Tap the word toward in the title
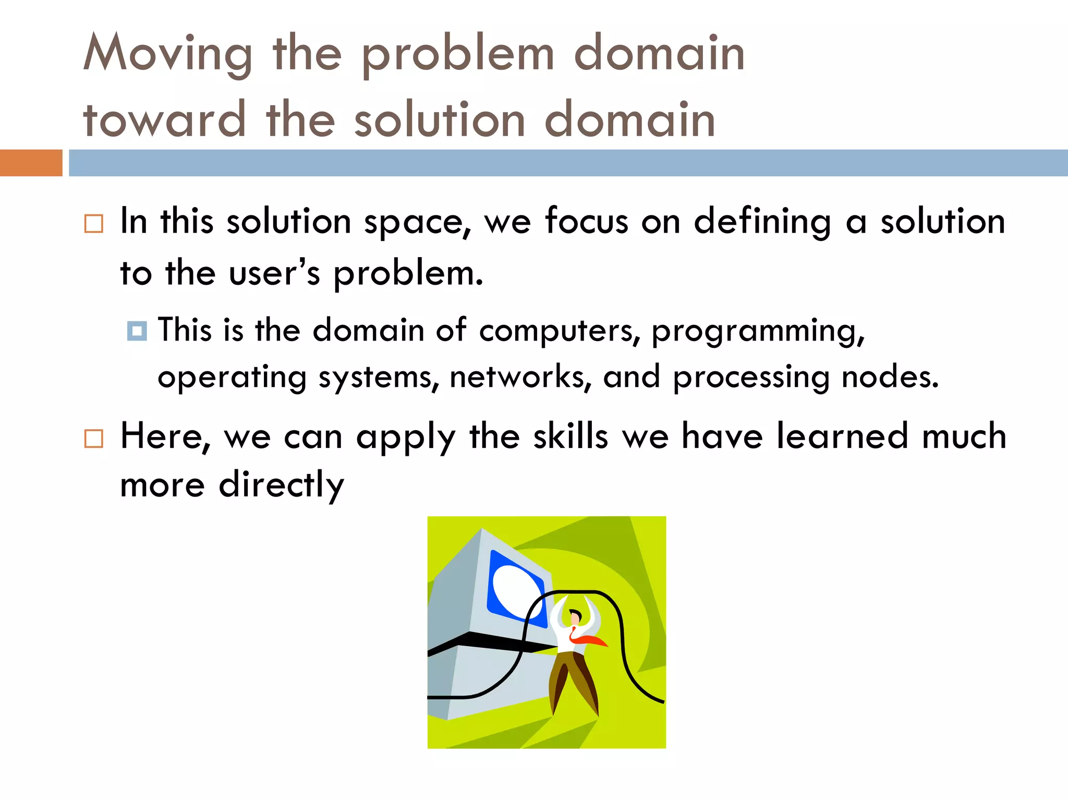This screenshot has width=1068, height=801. point(164,120)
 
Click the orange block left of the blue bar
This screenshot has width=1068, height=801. point(31,163)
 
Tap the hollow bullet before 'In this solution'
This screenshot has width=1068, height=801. point(94,224)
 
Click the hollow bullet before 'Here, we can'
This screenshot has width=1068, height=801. point(94,439)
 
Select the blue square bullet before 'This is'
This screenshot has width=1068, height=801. point(137,331)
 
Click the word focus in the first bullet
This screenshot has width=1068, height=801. point(586,221)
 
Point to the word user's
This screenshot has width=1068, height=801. point(274,273)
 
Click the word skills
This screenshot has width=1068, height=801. point(571,436)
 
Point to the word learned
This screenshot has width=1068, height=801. point(842,436)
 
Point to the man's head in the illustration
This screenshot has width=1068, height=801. point(575,617)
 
